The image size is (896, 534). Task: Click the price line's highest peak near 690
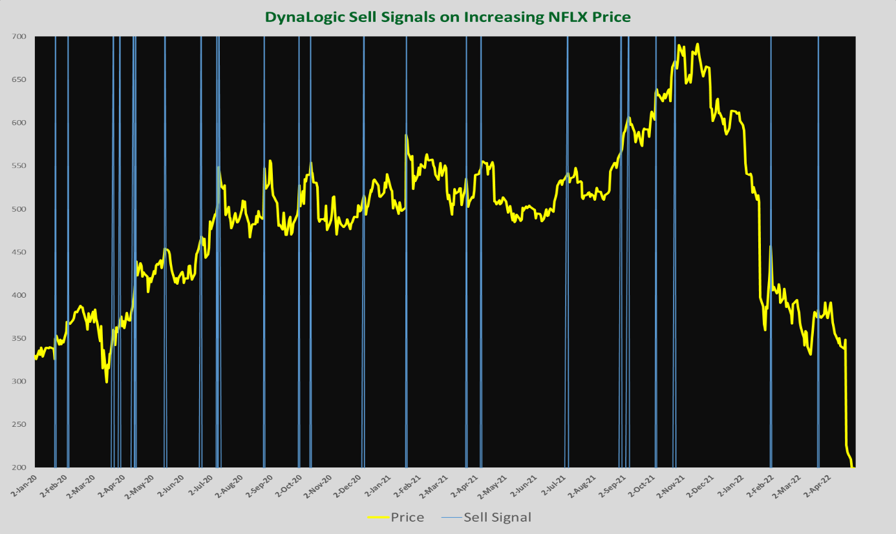click(x=697, y=44)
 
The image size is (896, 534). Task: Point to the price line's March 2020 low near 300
click(x=107, y=382)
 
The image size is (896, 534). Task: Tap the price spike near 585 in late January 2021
click(x=406, y=135)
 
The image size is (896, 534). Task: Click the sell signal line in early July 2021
click(x=568, y=258)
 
